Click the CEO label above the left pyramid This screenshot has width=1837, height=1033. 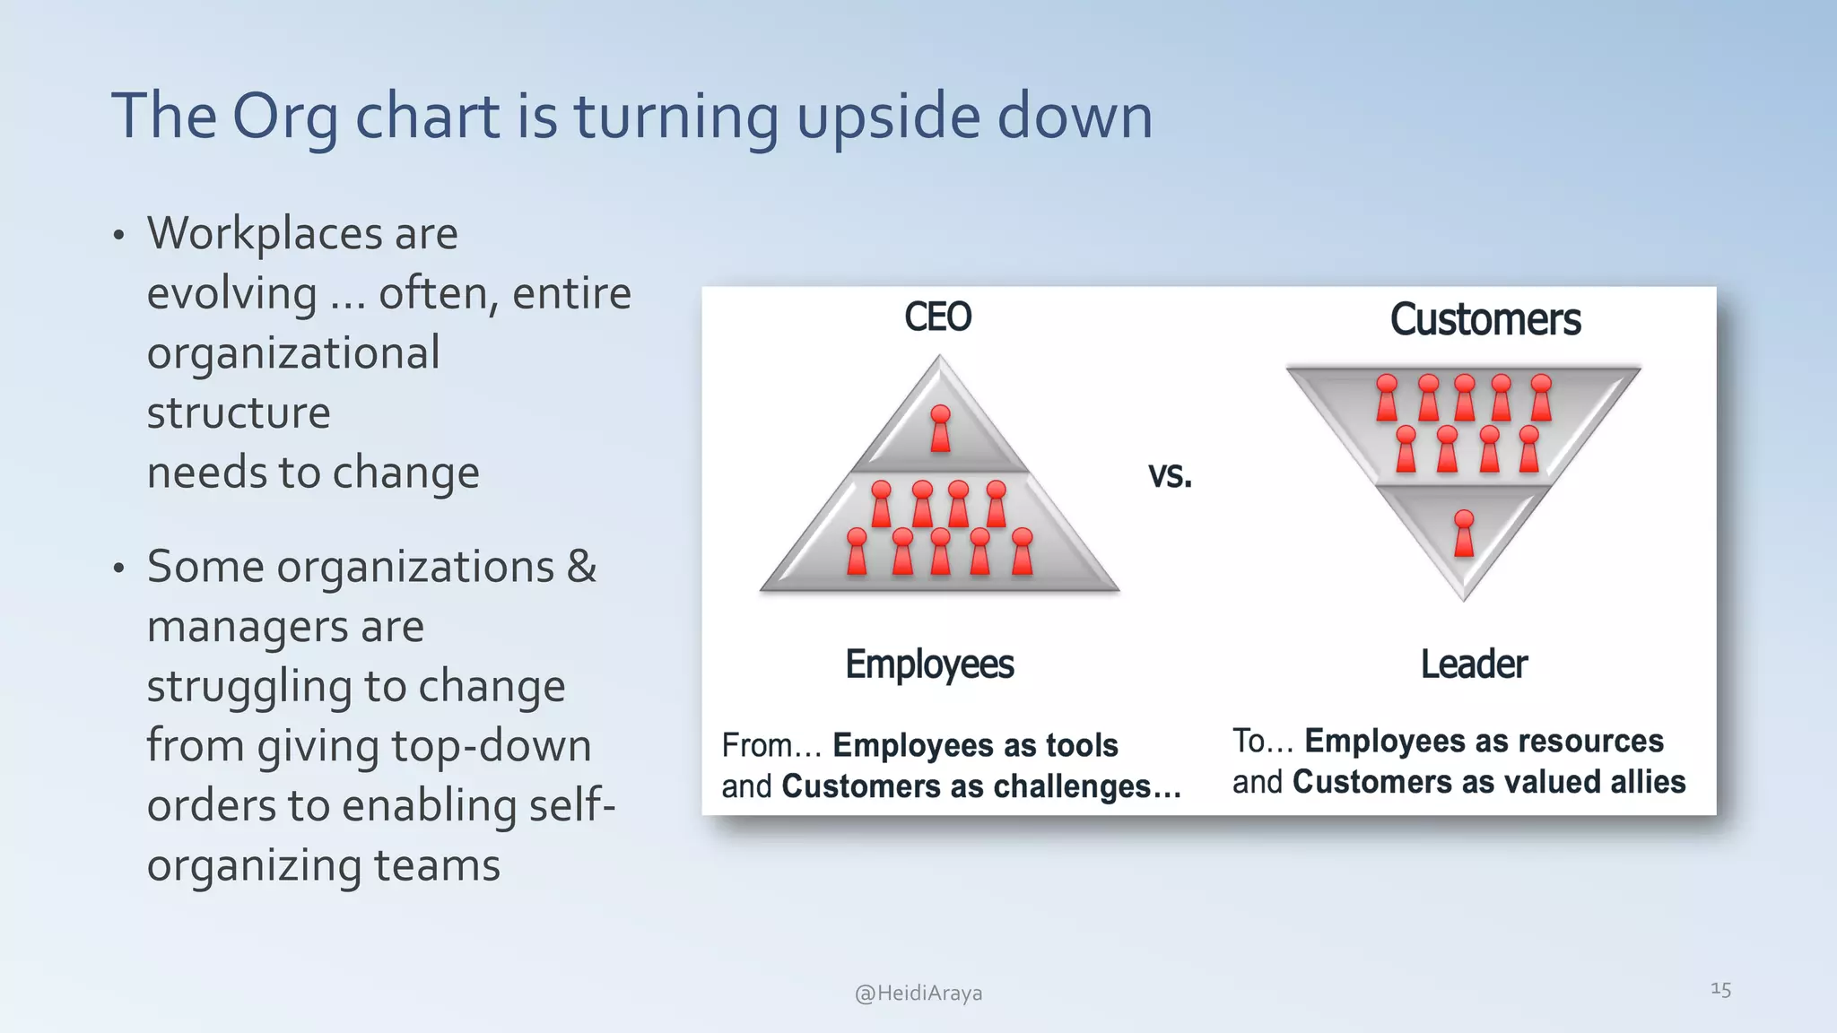point(937,317)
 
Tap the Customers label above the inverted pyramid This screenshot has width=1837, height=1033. point(1485,320)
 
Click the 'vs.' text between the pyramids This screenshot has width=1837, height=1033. point(1170,474)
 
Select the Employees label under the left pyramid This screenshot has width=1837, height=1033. point(929,664)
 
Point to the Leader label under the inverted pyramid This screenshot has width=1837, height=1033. point(1474,664)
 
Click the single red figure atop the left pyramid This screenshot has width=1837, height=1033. point(940,429)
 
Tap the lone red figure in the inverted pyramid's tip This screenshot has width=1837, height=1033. point(1464,534)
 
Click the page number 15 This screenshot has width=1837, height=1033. point(1720,989)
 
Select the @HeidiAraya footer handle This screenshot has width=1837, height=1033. point(918,993)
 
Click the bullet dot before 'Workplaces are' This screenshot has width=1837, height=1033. point(118,237)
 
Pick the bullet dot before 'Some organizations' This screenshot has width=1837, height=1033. point(118,569)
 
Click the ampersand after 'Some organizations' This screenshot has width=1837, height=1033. point(581,567)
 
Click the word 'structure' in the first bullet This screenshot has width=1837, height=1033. point(239,412)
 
